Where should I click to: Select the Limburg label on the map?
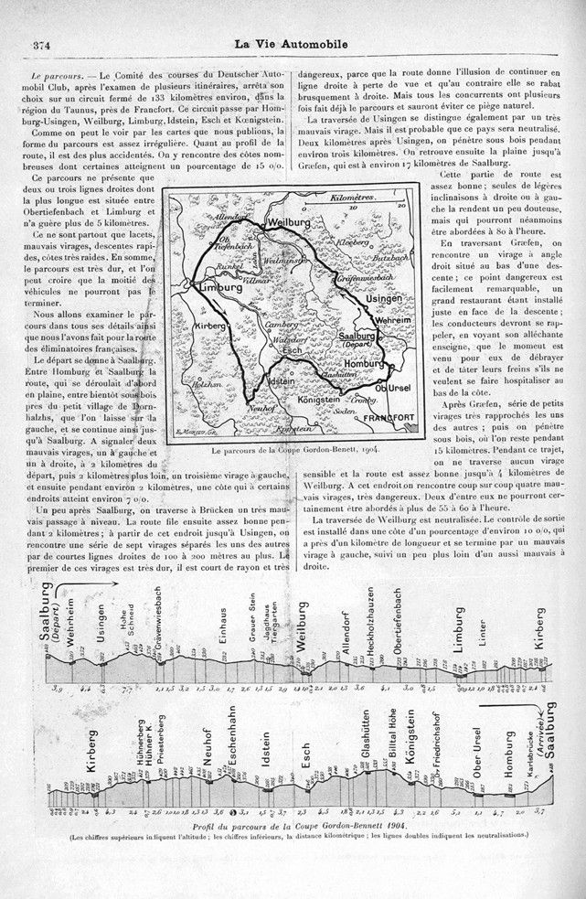[x=218, y=288]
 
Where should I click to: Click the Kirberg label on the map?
[x=209, y=326]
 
